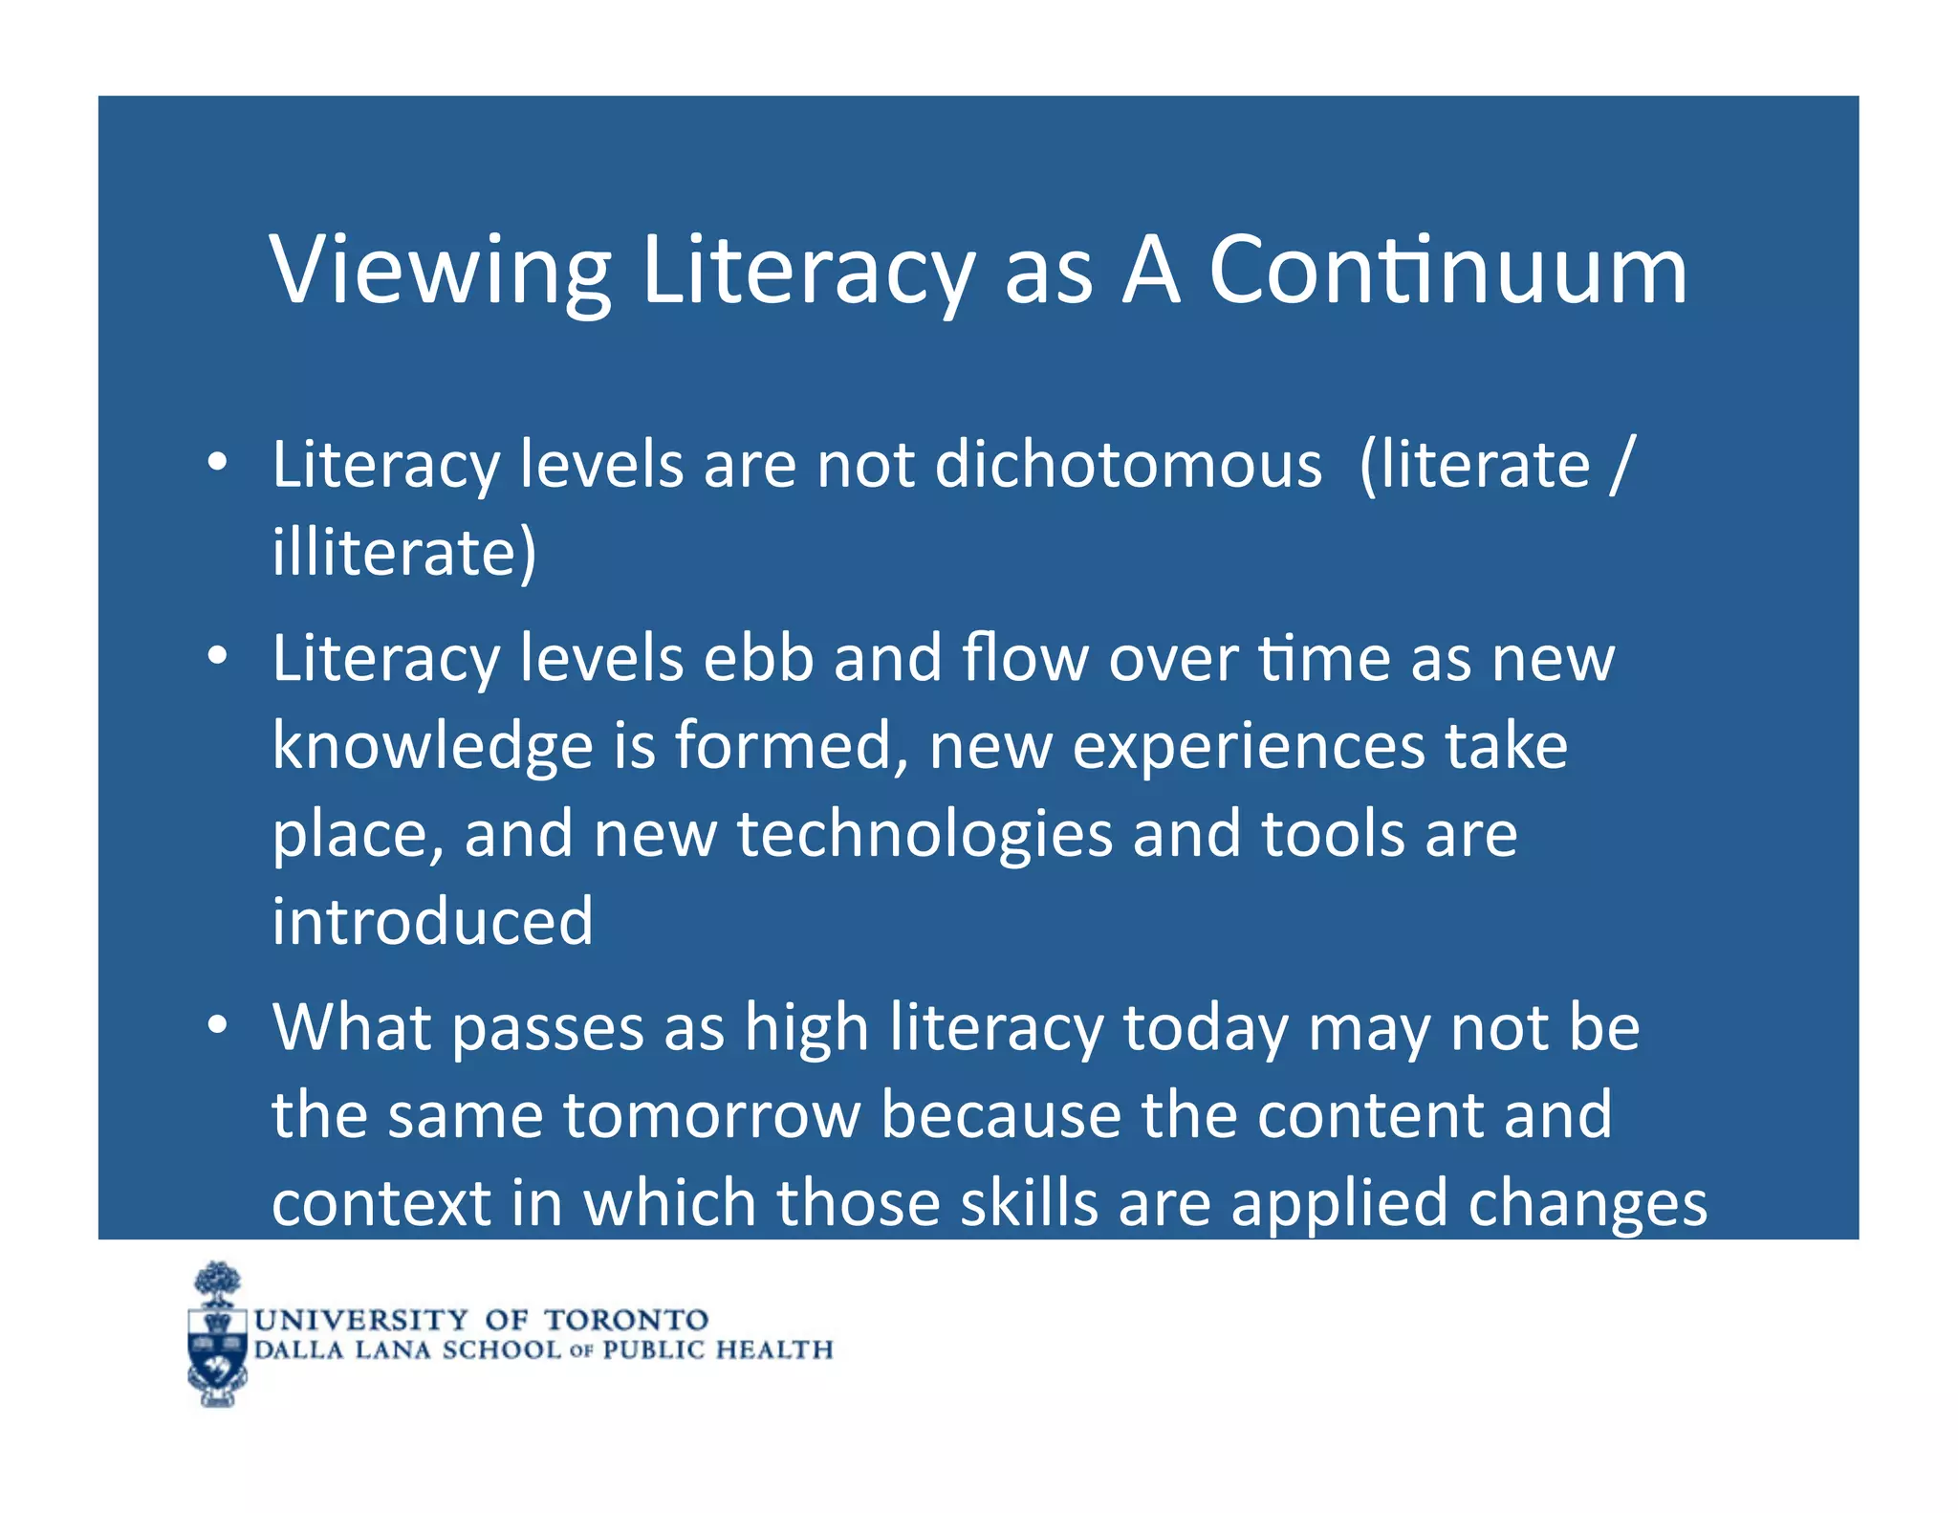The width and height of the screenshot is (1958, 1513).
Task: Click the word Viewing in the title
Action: [x=441, y=272]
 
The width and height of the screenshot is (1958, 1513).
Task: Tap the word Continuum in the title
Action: [x=1447, y=272]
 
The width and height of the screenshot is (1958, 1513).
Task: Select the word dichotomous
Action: [x=1128, y=466]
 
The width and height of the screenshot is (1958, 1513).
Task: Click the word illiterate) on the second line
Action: [x=403, y=553]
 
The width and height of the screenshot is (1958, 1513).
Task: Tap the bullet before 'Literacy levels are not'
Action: [x=218, y=463]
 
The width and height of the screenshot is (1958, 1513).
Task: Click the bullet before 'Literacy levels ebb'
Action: [x=218, y=657]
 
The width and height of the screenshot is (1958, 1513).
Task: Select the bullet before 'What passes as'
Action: [x=218, y=1025]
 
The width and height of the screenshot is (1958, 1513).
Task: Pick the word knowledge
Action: [x=432, y=747]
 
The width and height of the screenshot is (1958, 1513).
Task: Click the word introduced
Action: [x=432, y=921]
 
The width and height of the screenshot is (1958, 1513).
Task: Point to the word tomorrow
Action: [x=712, y=1115]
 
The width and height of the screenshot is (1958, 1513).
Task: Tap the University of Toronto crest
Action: [x=218, y=1335]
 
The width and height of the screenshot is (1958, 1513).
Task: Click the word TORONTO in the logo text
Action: [x=626, y=1320]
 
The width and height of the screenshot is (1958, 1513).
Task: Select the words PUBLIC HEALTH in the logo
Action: [x=717, y=1349]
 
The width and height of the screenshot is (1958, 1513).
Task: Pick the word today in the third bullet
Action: [x=1206, y=1028]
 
